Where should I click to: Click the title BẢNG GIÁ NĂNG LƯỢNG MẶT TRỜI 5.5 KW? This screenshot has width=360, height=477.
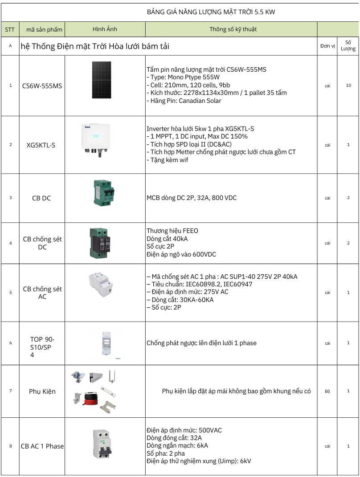pyautogui.click(x=211, y=12)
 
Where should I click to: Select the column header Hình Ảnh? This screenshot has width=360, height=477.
pyautogui.click(x=105, y=29)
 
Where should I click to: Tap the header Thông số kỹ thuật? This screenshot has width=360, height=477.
pyautogui.click(x=233, y=29)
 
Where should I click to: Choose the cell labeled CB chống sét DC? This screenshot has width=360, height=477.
pyautogui.click(x=42, y=243)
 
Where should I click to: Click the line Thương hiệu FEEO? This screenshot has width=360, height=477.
pyautogui.click(x=172, y=231)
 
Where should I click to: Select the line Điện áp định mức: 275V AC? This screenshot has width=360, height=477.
pyautogui.click(x=188, y=292)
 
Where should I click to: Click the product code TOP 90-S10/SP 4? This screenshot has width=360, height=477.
pyautogui.click(x=42, y=347)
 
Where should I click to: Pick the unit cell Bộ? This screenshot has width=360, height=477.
pyautogui.click(x=327, y=391)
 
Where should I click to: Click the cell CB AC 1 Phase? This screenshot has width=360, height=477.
pyautogui.click(x=42, y=446)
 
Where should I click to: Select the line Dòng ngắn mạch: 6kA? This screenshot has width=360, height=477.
pyautogui.click(x=177, y=445)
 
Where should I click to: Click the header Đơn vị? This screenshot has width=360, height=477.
pyautogui.click(x=327, y=46)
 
